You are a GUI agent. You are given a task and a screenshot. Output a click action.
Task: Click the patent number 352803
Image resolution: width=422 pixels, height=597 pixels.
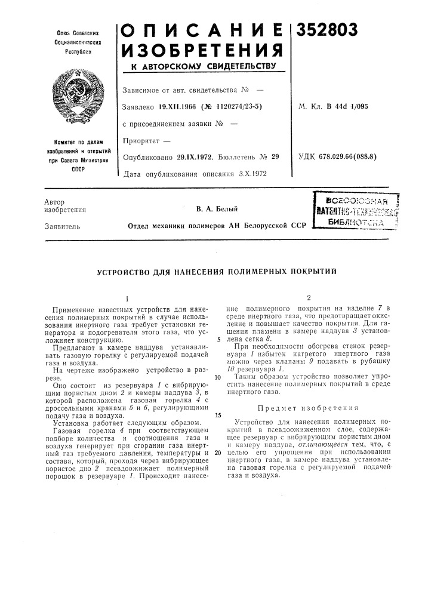click(x=325, y=30)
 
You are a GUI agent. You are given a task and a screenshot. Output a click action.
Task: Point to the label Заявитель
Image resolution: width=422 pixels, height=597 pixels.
click(x=58, y=226)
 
